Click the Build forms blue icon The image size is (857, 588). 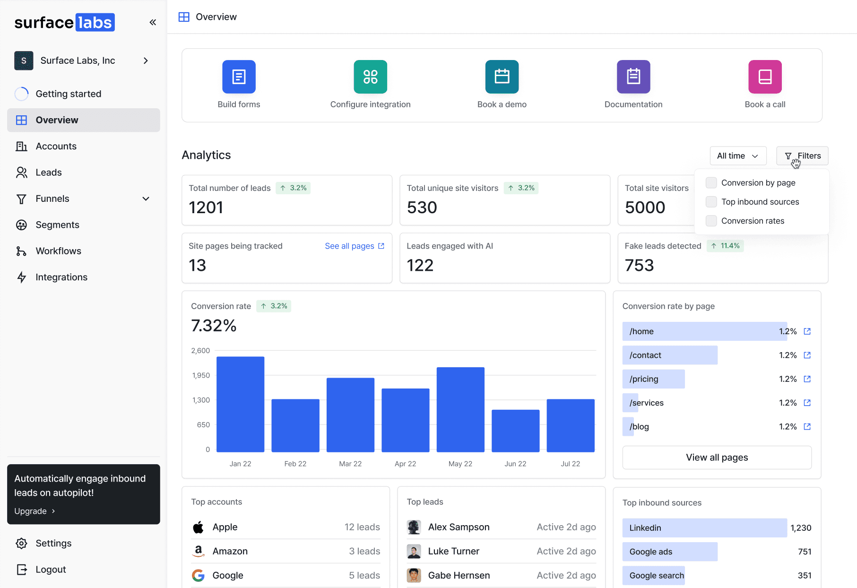(x=239, y=77)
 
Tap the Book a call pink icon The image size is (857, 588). (x=765, y=77)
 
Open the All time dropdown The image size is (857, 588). (x=738, y=156)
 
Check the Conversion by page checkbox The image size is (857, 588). (x=711, y=183)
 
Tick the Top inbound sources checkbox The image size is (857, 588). (x=711, y=202)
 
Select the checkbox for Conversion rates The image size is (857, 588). (x=711, y=221)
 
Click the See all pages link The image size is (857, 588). (x=355, y=246)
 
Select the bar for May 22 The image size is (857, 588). (x=460, y=409)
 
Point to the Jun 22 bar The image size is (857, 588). (x=515, y=431)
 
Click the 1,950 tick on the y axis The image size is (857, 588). (x=201, y=375)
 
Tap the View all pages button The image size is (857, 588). (x=717, y=458)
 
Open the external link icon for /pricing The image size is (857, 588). (x=807, y=379)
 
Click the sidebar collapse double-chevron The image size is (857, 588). (x=153, y=22)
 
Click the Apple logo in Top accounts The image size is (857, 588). (x=198, y=527)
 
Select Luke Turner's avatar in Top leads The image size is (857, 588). (x=414, y=551)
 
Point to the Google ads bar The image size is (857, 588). (x=670, y=552)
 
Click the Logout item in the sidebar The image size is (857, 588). (x=41, y=570)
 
